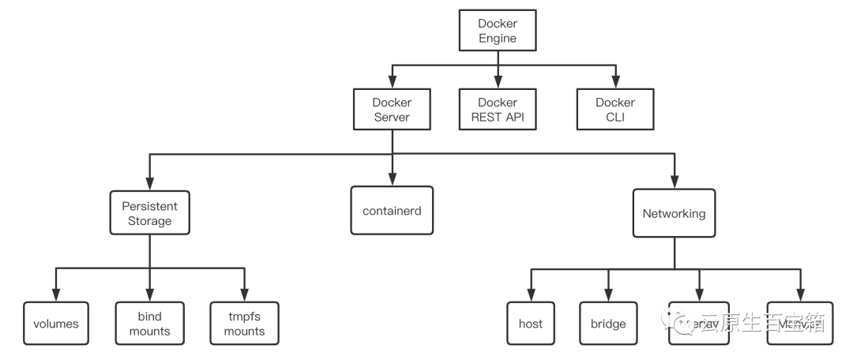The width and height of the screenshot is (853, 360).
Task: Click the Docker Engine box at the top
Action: coord(498,31)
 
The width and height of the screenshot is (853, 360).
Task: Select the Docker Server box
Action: coord(392,110)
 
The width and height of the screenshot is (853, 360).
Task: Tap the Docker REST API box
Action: coord(498,110)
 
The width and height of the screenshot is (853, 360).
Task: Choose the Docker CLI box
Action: coord(614,110)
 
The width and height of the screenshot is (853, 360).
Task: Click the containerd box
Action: coord(392,211)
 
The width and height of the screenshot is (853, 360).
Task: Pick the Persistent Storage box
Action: coord(149,213)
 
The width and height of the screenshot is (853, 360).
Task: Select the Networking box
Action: coord(674,213)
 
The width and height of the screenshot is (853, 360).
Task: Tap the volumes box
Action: coord(56,324)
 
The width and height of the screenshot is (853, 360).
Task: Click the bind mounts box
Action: coord(149,324)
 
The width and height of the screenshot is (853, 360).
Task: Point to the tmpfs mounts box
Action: coord(244,324)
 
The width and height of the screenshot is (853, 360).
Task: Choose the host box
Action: coord(530,324)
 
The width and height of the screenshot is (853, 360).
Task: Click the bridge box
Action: coord(608,324)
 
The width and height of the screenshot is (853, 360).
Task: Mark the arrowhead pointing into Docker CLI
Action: coord(614,82)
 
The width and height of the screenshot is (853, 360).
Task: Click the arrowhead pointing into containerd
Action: coord(392,181)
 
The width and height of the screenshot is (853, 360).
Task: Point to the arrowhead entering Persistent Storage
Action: coord(149,183)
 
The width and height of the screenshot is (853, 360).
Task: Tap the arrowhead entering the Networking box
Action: coord(674,183)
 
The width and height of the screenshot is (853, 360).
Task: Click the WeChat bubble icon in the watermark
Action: coord(681,321)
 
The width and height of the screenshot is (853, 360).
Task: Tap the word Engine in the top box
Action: coord(498,38)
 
